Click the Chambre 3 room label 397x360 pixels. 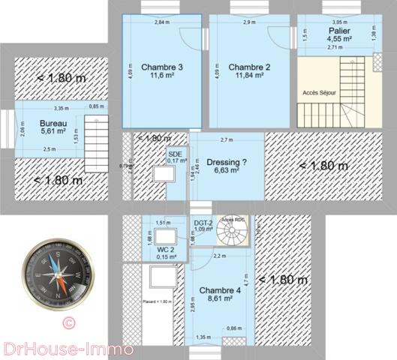161,66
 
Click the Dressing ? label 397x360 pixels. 226,161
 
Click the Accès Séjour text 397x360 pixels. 319,93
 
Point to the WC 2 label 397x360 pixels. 166,250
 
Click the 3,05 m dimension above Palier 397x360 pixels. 339,22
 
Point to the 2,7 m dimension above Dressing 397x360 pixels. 226,140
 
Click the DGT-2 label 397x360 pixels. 202,222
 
